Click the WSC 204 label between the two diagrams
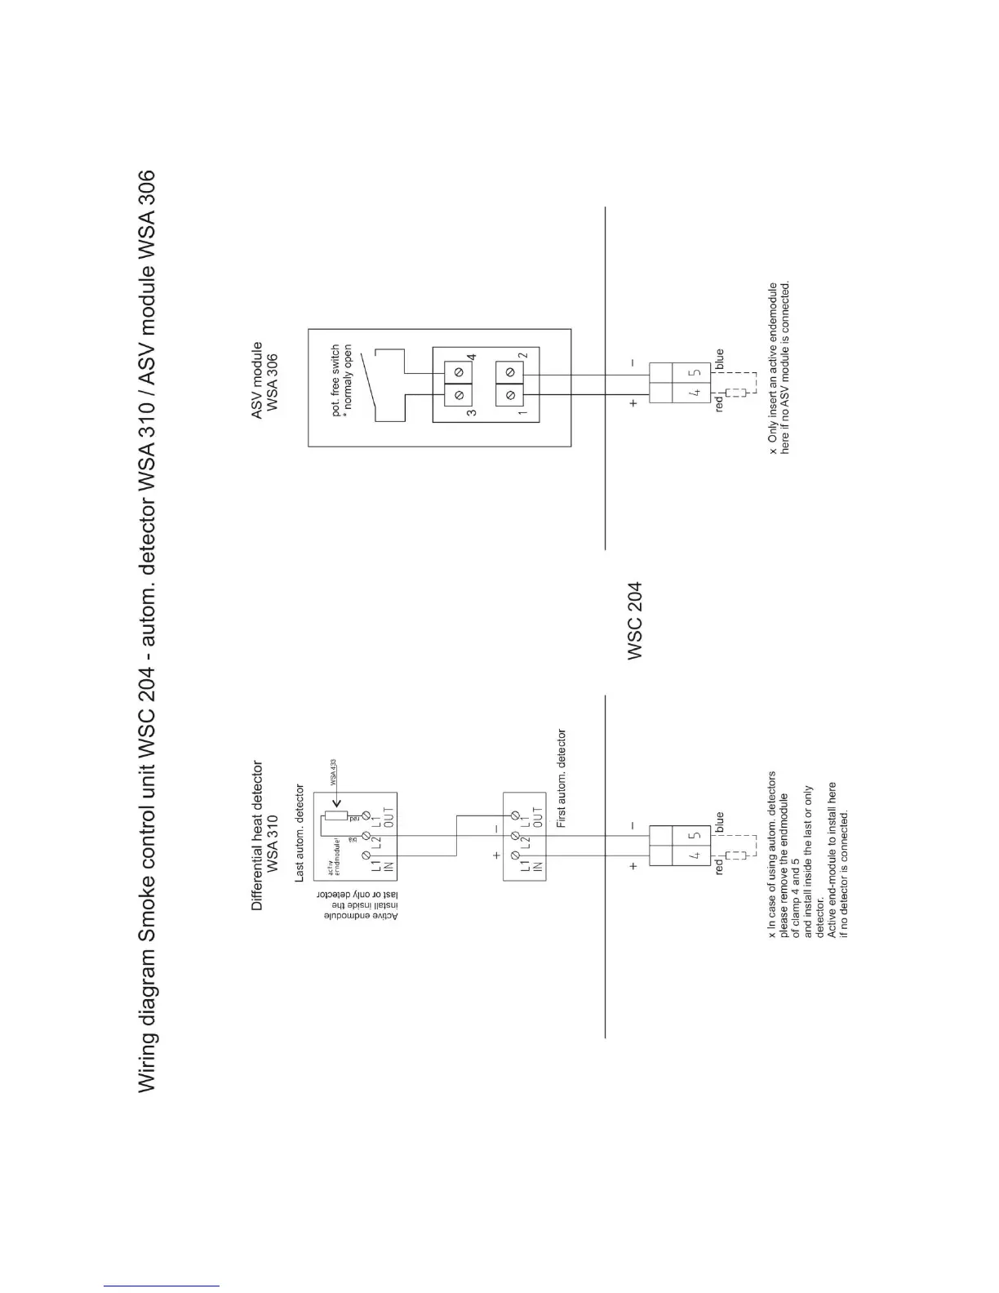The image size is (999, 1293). click(x=635, y=620)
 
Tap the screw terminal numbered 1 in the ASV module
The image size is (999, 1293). click(x=510, y=396)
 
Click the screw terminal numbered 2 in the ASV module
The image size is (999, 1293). click(x=510, y=371)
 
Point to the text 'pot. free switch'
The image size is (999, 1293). click(x=336, y=381)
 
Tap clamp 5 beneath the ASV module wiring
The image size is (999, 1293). click(x=695, y=372)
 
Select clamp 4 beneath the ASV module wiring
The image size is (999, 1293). click(x=695, y=393)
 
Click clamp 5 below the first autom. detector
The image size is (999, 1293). click(x=695, y=836)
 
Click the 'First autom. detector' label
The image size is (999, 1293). click(x=562, y=779)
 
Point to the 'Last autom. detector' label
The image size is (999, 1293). click(x=300, y=833)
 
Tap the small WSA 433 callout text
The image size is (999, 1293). click(x=334, y=772)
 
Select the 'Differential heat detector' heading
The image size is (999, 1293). click(x=258, y=836)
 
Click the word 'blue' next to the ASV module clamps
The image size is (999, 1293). click(x=719, y=359)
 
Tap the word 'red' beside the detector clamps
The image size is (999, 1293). click(x=719, y=867)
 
